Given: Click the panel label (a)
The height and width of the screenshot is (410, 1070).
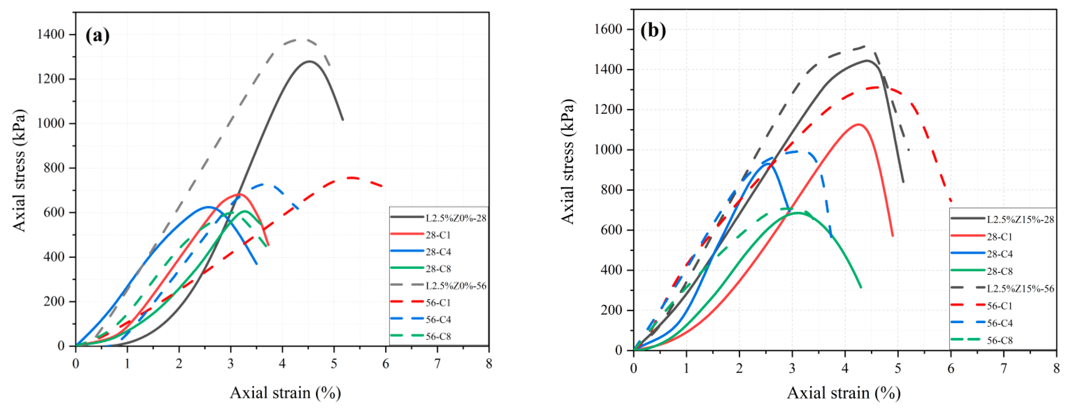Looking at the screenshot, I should [98, 36].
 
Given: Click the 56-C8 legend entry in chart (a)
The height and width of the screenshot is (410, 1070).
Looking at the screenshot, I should [438, 336].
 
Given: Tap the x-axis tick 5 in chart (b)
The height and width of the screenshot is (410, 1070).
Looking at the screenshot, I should [898, 369].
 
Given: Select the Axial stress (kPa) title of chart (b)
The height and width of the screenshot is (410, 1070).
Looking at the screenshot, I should [567, 162].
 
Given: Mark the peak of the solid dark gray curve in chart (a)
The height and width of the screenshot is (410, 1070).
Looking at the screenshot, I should [309, 61].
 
